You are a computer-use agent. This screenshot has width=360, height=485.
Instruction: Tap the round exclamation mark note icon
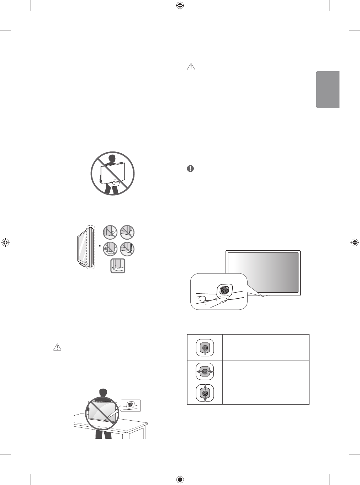[x=191, y=169]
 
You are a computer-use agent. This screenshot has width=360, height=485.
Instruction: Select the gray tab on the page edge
[x=328, y=90]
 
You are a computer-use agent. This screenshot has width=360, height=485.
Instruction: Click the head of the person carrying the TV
[x=113, y=158]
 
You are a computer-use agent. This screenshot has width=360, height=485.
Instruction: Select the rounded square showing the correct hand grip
[x=118, y=266]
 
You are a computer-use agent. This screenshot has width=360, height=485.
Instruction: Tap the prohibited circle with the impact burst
[x=110, y=248]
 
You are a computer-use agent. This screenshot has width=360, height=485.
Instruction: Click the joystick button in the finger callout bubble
[x=224, y=291]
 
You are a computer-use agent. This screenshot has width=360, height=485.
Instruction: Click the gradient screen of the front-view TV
[x=263, y=272]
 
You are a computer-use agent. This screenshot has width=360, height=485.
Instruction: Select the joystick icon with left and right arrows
[x=205, y=371]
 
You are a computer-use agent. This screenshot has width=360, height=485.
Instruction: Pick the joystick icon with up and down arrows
[x=205, y=393]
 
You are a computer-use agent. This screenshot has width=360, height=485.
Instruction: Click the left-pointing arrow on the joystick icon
[x=198, y=371]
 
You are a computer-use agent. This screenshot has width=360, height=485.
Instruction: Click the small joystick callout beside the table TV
[x=131, y=405]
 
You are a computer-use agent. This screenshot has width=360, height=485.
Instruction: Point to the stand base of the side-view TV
[x=83, y=265]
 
